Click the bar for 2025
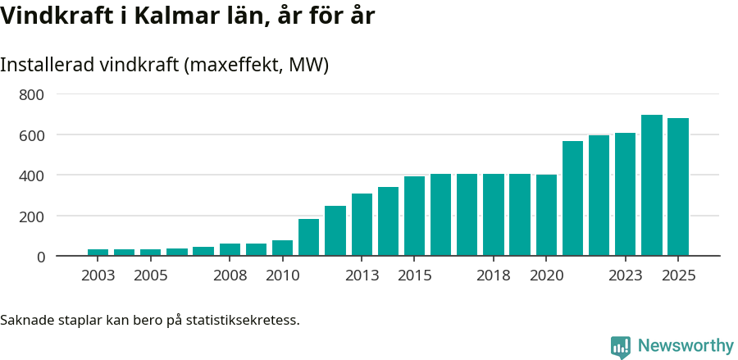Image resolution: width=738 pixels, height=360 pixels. (677, 187)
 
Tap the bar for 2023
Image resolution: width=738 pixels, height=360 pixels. (625, 194)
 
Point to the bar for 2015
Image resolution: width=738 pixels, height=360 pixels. (414, 216)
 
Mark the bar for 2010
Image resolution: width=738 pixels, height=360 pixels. (282, 248)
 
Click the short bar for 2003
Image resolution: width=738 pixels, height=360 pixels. (98, 253)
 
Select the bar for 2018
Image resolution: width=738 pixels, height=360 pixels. (493, 215)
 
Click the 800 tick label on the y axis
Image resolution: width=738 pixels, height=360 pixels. (31, 94)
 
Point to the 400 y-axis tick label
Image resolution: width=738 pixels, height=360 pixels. (31, 175)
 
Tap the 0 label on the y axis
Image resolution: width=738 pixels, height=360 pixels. (40, 257)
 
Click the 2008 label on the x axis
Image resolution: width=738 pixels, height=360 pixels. (230, 276)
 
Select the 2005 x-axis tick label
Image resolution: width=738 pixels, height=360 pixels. (151, 276)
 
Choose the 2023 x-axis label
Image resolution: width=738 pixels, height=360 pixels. (625, 276)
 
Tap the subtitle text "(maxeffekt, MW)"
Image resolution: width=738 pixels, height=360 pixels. (257, 65)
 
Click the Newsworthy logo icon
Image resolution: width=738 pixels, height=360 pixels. (621, 346)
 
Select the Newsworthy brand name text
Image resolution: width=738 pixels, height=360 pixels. (685, 346)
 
